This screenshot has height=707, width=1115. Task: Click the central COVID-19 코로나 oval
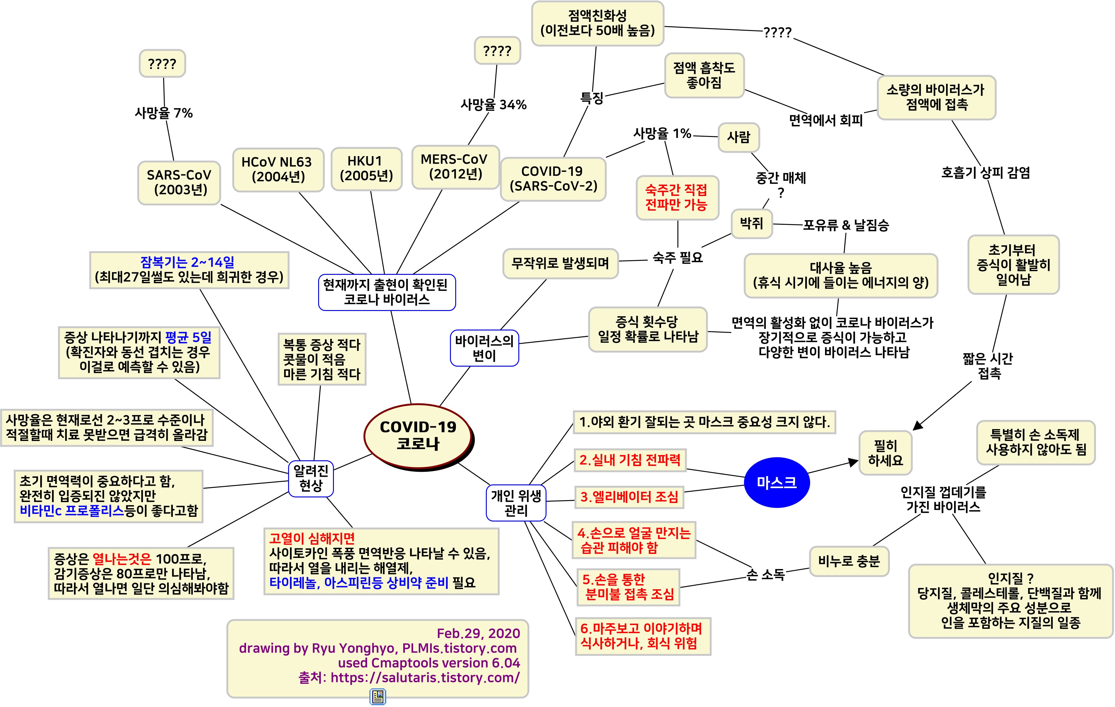click(x=418, y=435)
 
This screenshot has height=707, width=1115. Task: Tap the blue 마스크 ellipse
click(x=776, y=483)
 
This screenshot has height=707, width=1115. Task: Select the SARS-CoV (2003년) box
click(x=179, y=182)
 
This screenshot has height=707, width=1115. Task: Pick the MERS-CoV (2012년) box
click(x=455, y=167)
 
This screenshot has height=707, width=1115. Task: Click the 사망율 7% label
click(x=163, y=113)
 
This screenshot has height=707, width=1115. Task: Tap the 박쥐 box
click(x=751, y=224)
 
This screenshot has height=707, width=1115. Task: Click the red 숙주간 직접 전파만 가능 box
click(x=676, y=197)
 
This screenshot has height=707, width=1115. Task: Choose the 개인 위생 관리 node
click(x=516, y=503)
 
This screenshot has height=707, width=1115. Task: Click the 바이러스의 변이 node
click(x=484, y=348)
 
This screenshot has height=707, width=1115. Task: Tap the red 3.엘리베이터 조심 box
click(x=629, y=497)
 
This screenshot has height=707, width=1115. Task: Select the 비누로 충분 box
click(x=849, y=561)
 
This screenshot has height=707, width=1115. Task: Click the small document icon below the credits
click(x=378, y=696)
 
